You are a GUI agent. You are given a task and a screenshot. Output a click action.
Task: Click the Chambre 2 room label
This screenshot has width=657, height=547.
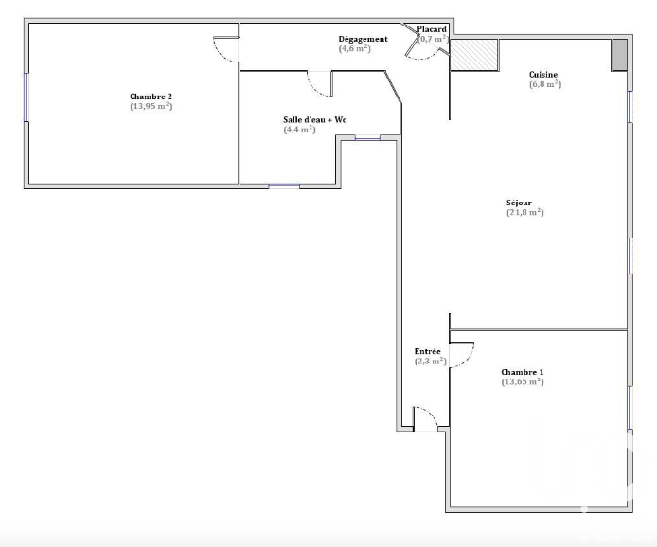pos(151,97)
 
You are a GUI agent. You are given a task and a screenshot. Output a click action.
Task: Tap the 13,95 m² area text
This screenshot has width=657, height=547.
pos(151,106)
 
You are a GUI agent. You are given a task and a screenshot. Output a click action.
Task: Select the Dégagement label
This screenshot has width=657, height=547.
pos(363,39)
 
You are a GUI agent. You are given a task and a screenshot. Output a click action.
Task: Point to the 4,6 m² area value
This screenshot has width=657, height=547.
pos(354,48)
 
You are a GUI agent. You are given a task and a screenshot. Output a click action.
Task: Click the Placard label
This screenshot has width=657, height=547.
pos(432,29)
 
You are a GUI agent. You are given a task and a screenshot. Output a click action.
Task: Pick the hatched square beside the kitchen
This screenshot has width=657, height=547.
pos(474,55)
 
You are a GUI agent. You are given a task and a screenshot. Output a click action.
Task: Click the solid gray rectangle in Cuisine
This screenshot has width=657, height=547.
pos(619,55)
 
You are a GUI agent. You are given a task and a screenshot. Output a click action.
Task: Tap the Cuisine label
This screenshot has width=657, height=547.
pos(543,75)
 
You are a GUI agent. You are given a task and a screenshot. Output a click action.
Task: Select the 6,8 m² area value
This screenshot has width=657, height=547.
pos(545,84)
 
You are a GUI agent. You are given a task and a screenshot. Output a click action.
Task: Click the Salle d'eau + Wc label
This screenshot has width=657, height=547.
pos(314,120)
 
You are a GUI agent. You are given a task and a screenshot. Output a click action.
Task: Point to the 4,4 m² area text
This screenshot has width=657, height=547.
pos(299,130)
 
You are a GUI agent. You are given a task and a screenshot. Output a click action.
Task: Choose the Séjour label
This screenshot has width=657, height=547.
pos(519,203)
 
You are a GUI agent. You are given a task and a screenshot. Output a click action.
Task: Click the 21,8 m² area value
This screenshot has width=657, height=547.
pos(525,212)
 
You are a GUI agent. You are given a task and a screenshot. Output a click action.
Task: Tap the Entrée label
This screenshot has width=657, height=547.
pos(427,351)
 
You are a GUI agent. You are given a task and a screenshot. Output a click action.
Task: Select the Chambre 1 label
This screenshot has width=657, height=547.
pos(523,372)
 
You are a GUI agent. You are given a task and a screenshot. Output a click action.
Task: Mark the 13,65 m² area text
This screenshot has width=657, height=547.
pos(523,381)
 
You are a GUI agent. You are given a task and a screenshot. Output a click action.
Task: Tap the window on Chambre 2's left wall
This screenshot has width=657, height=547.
pos(26,97)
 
